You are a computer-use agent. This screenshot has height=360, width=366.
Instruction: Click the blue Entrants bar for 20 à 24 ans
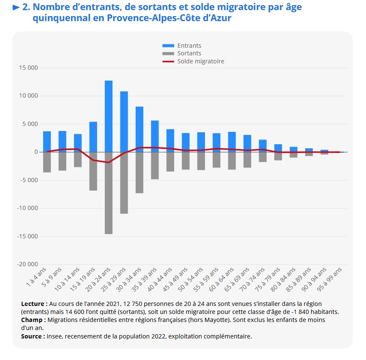(109, 116)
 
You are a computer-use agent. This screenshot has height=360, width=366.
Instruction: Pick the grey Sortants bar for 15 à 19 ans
(93, 171)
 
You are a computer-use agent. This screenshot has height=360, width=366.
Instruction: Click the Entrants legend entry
(189, 46)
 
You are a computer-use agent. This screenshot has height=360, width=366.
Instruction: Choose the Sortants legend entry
(189, 53)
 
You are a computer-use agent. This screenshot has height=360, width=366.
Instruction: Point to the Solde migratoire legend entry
(200, 61)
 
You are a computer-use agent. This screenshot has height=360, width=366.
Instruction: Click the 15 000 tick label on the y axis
(28, 68)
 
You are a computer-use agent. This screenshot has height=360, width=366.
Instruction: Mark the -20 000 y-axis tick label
(27, 264)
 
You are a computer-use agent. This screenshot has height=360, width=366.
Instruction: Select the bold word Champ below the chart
(31, 320)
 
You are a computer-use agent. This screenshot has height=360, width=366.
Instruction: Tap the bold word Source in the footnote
(32, 336)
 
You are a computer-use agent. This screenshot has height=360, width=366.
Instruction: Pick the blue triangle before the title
(16, 7)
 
